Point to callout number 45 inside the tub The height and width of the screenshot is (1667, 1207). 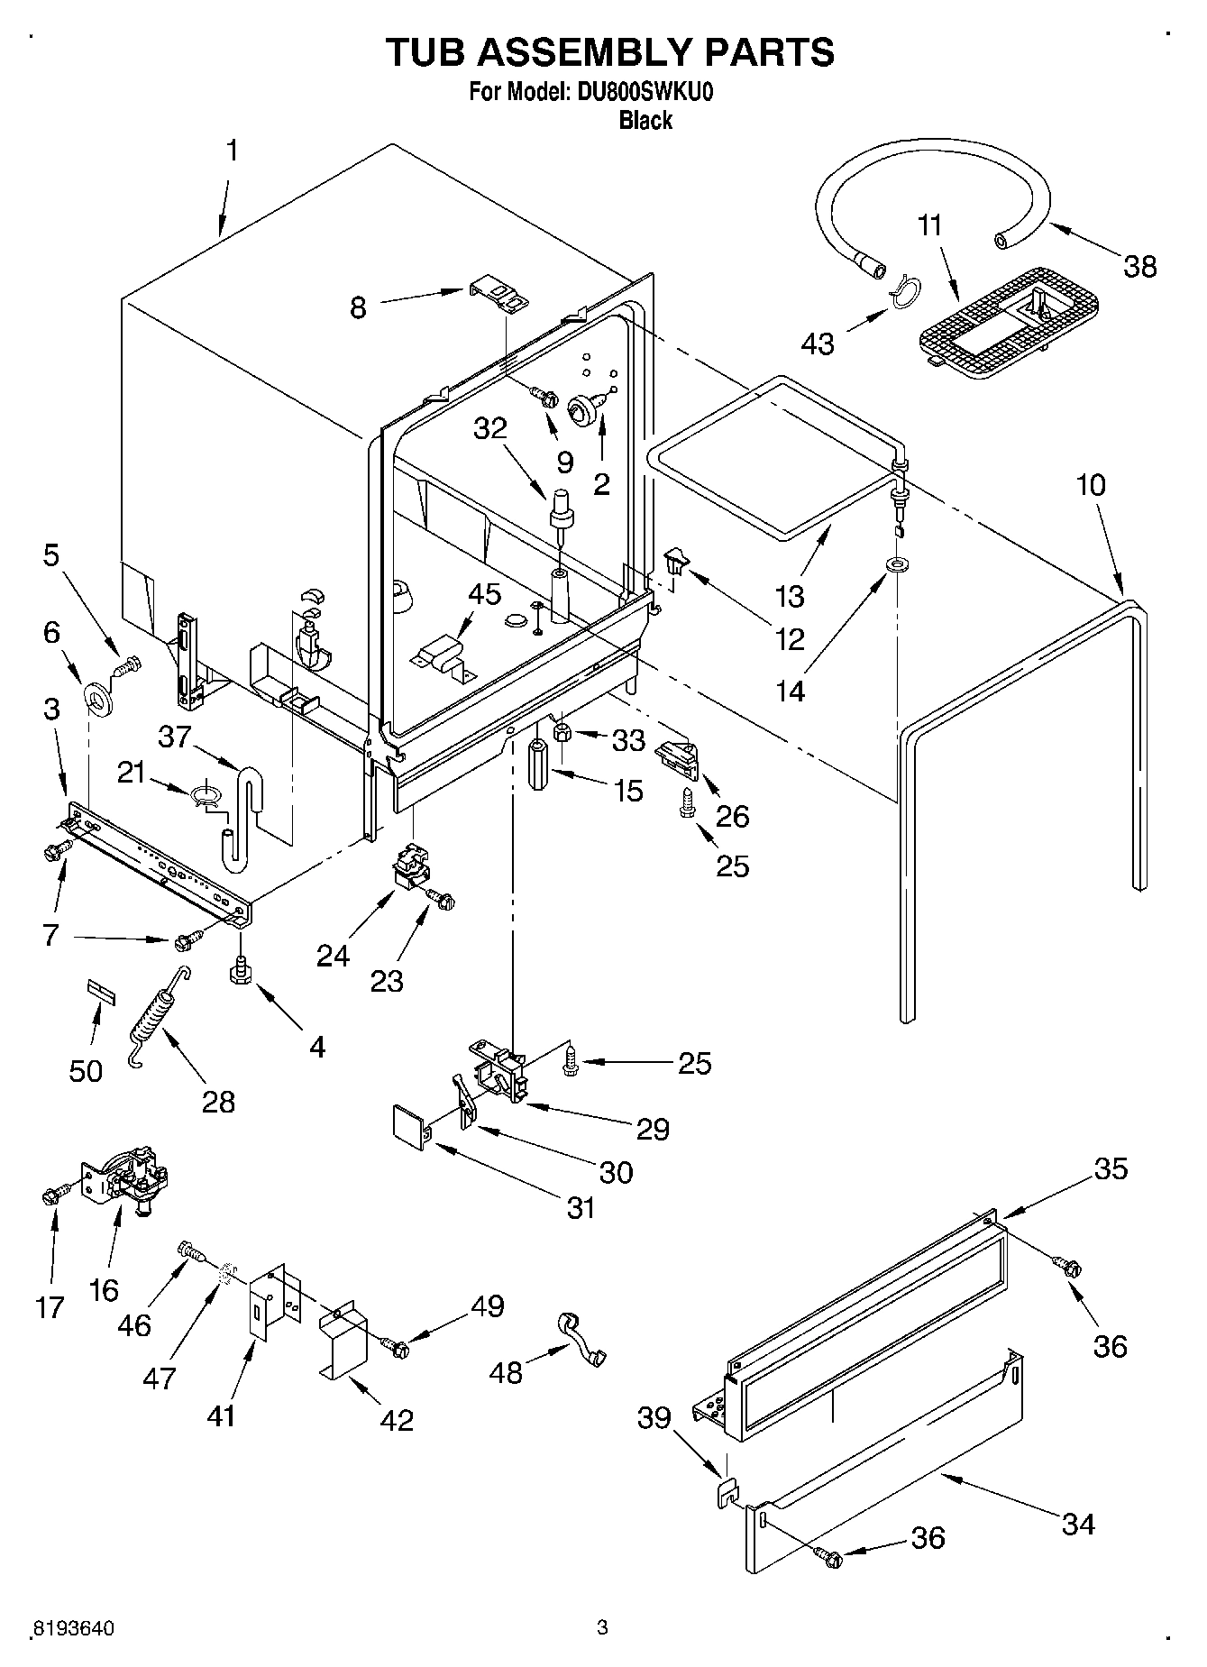point(484,595)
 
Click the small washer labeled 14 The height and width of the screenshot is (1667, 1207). point(897,565)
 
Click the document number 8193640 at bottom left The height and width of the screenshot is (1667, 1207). point(73,1628)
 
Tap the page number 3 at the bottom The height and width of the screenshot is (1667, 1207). point(602,1627)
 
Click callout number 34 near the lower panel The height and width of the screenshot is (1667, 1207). point(1078,1524)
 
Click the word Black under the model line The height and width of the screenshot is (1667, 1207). point(645,120)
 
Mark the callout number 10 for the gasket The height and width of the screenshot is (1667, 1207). point(1090,485)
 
